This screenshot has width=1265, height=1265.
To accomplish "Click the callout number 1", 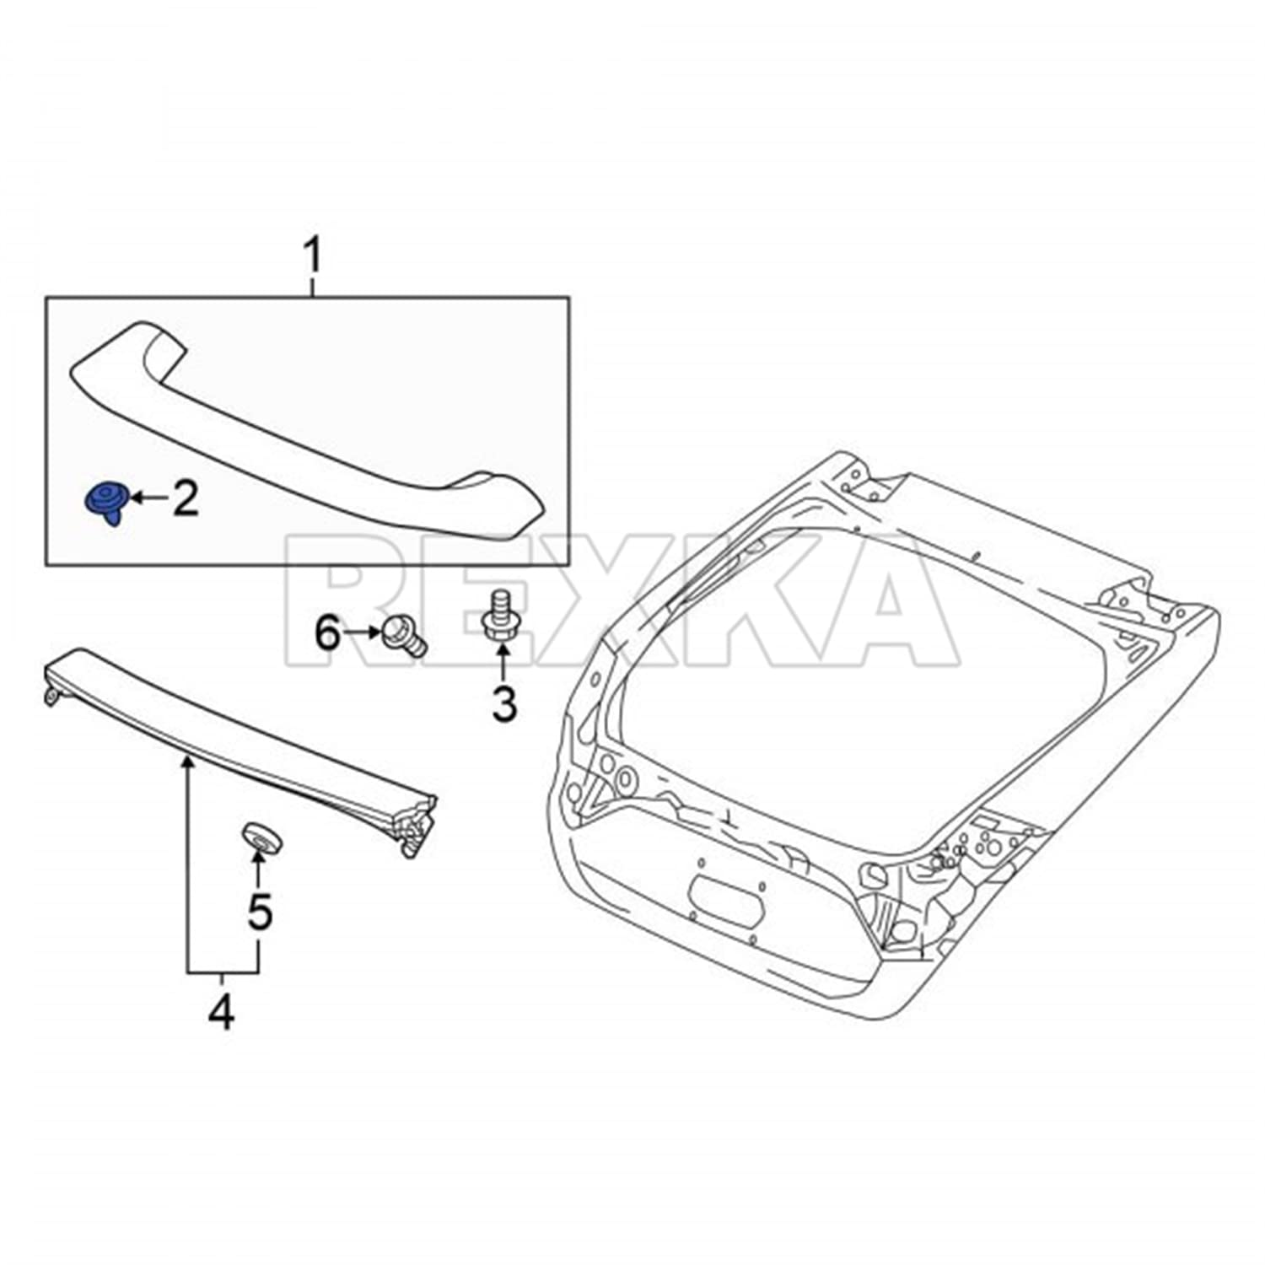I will [313, 256].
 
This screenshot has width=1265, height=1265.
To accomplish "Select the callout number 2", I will [186, 498].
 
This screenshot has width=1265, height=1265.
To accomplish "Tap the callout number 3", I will [503, 703].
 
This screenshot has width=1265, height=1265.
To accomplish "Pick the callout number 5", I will [259, 911].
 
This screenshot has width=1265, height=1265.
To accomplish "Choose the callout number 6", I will [327, 632].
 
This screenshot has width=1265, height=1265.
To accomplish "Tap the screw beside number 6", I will [403, 634].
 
